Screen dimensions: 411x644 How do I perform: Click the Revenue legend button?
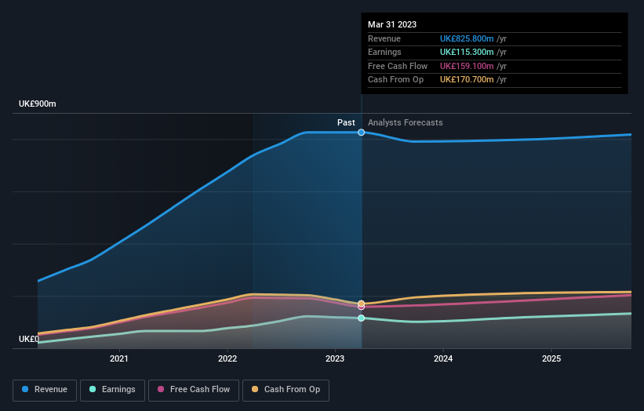[45, 390]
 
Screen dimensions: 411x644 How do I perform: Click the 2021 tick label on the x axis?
[119, 358]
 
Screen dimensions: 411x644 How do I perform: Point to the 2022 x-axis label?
[227, 358]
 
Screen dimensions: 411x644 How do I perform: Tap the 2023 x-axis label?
[335, 358]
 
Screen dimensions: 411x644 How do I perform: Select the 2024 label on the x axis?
[443, 358]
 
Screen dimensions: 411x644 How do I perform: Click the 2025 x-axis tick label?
[551, 358]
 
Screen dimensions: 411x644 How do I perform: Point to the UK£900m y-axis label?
[38, 104]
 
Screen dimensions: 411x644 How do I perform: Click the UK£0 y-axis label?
[28, 339]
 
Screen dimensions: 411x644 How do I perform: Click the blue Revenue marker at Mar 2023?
[362, 133]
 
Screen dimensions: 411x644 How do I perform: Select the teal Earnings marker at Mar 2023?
[362, 318]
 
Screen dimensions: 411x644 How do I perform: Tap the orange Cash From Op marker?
[362, 304]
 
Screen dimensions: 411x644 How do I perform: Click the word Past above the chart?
[346, 122]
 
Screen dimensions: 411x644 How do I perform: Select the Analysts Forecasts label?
[405, 122]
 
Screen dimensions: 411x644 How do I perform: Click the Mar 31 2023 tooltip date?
[394, 24]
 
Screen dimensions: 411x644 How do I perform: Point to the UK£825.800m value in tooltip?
[467, 39]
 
